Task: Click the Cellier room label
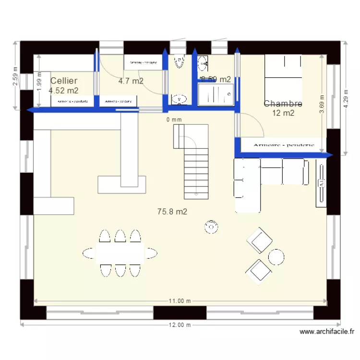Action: pos(64,81)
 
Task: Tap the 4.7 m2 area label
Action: pos(131,81)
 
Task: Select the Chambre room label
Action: pos(283,104)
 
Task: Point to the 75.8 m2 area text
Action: pos(172,211)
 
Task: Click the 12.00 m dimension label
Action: pos(180,325)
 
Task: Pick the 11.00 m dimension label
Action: pos(180,301)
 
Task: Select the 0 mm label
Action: pos(174,120)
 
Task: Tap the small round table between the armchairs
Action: pos(276,257)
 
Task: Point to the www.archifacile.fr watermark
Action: pos(326,331)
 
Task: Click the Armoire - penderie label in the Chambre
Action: pos(283,144)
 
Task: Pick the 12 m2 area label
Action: pos(283,113)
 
